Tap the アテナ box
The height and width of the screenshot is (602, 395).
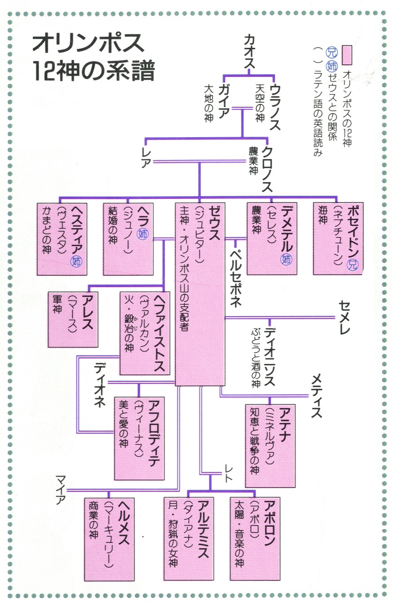271,445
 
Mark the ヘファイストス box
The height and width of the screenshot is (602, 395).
144,333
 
